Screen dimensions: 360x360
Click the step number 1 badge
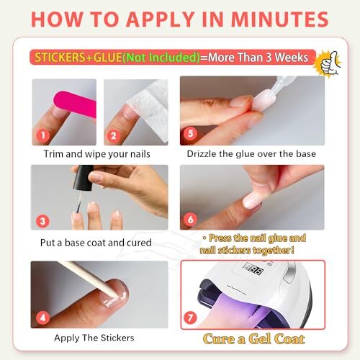coord(43,135)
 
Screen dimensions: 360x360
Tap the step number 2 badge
coord(114,136)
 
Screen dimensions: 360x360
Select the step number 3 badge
coord(42,221)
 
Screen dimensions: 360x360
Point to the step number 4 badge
coord(42,318)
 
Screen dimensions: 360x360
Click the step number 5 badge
coord(190,133)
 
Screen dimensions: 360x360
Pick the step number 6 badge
coord(190,219)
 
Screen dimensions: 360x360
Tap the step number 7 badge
coord(190,318)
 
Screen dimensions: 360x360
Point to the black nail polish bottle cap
coord(83,178)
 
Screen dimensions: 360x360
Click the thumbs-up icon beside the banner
coord(329,63)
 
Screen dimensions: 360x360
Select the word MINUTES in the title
coord(279,19)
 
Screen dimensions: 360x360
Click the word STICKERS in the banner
coord(60,58)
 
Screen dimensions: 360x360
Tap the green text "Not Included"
coord(161,58)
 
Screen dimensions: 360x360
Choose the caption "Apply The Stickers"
coord(94,338)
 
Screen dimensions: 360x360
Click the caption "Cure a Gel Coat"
coord(253,339)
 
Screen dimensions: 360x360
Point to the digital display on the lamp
coord(253,269)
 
